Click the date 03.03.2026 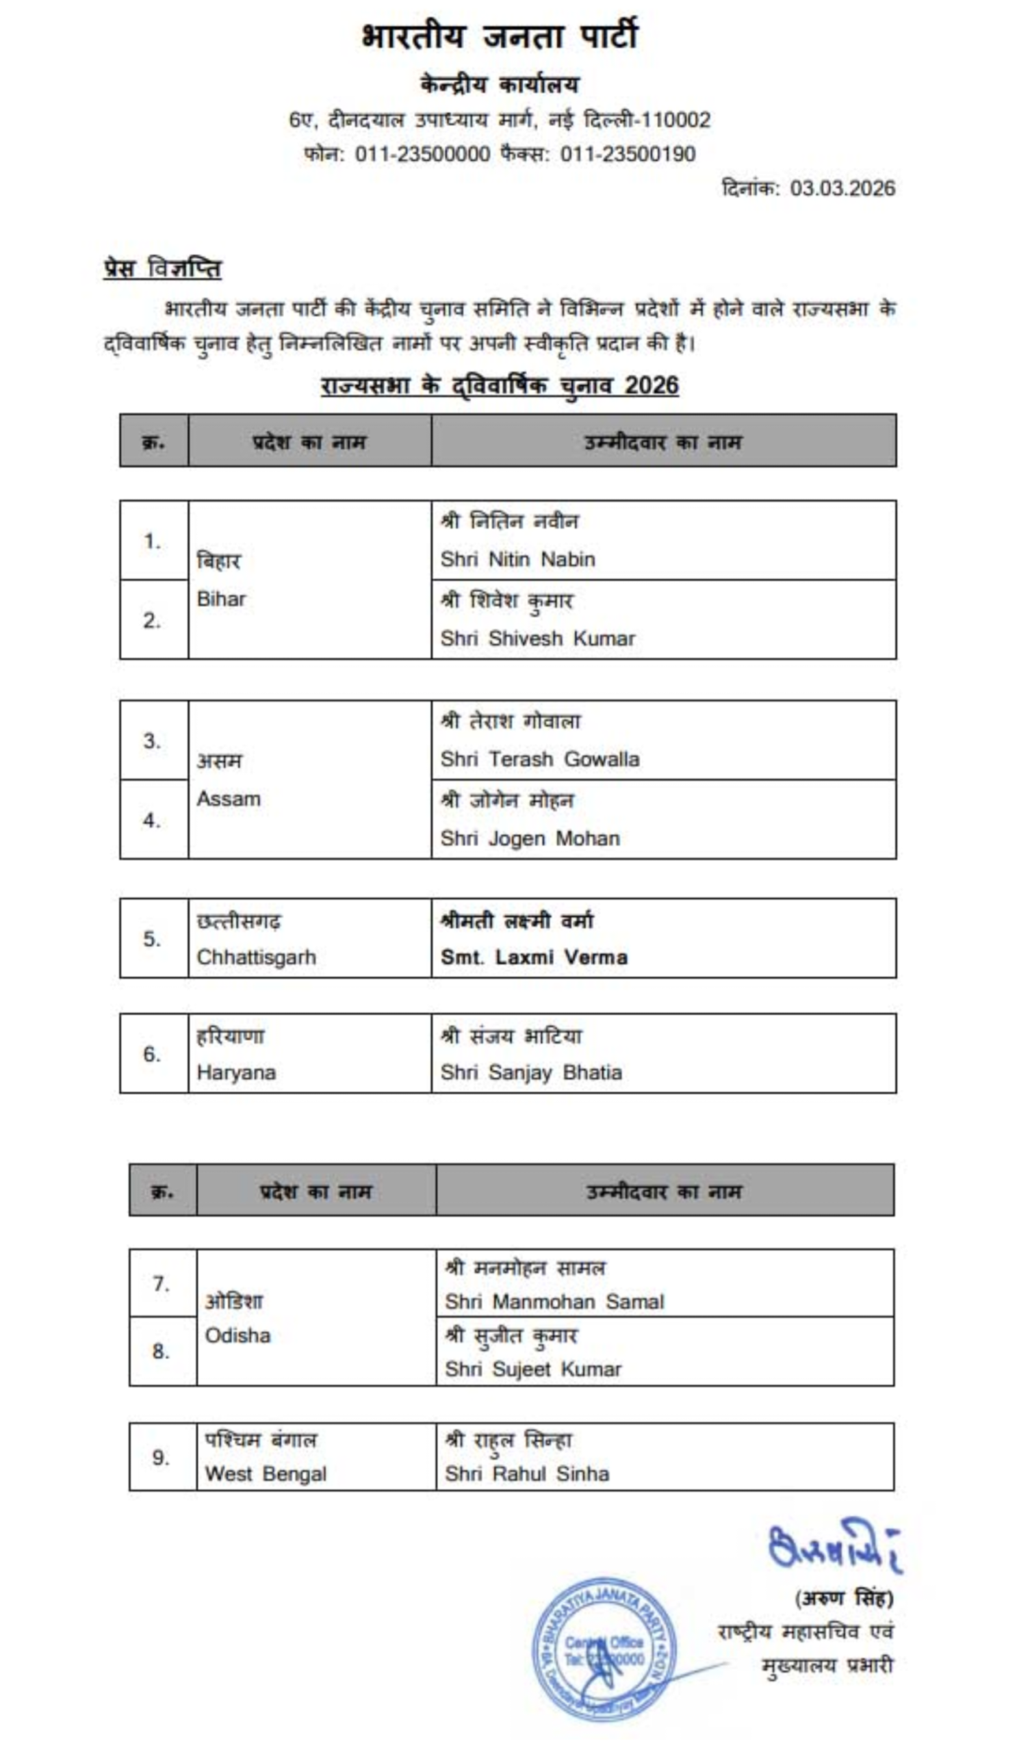point(842,188)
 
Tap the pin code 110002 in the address point(673,120)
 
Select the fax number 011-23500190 point(628,155)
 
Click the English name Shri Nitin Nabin point(517,559)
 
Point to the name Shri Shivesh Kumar point(537,639)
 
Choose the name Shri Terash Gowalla point(539,759)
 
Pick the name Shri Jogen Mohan point(530,838)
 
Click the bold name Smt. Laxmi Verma point(534,957)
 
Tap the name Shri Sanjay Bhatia point(531,1072)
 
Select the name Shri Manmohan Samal point(554,1302)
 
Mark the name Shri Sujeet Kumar point(532,1369)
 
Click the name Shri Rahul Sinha point(527,1474)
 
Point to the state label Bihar point(221,599)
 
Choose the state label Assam point(228,799)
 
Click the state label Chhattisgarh point(256,957)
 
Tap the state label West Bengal point(265,1474)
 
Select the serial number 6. point(152,1054)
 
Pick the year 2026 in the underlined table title point(651,385)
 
